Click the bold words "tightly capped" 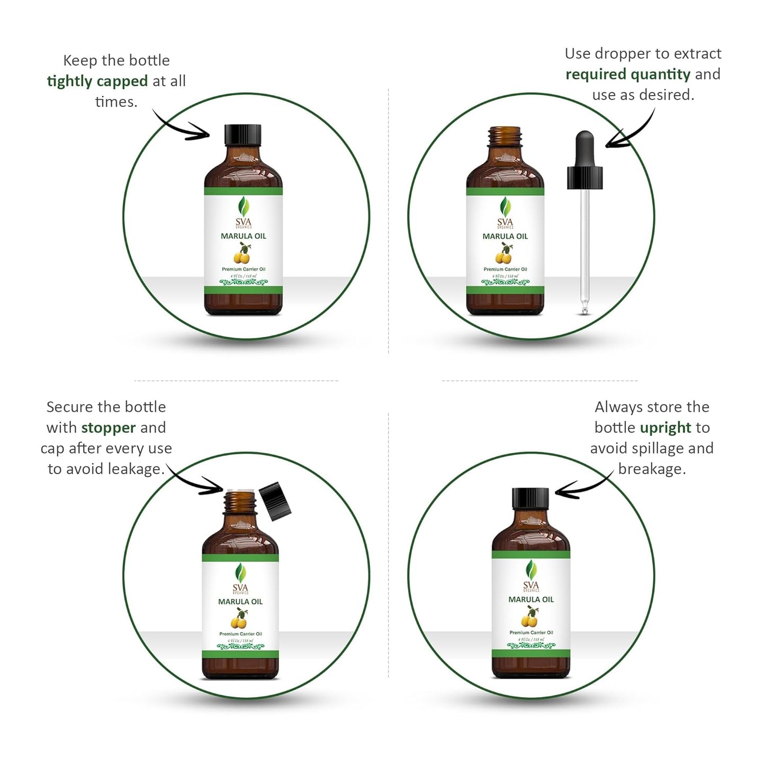(x=97, y=81)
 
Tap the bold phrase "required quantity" (x=628, y=74)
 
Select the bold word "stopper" (x=109, y=427)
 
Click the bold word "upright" (x=665, y=427)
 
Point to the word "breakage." (x=652, y=469)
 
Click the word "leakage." (x=137, y=469)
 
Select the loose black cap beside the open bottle (x=276, y=501)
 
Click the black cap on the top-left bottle (x=243, y=135)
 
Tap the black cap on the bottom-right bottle (x=530, y=498)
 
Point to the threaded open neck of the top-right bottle (x=505, y=137)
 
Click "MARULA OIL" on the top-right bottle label (x=505, y=236)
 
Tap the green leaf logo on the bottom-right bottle (x=531, y=570)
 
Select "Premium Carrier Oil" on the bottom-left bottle (x=240, y=634)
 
